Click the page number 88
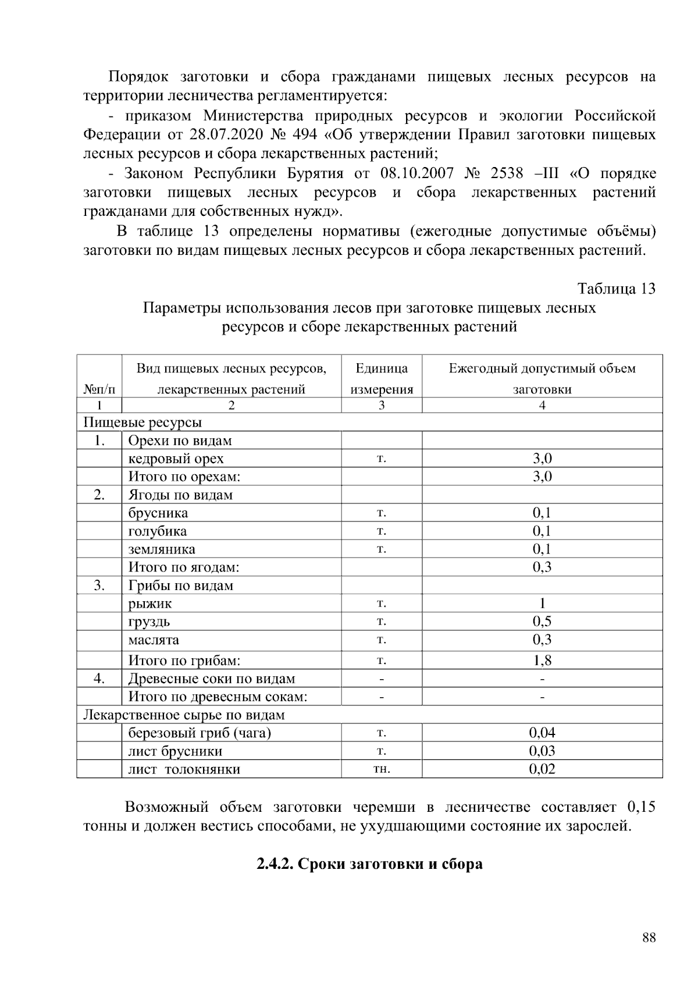[649, 938]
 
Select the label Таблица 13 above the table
[616, 289]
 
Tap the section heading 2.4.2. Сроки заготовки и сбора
[369, 864]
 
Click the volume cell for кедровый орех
[542, 459]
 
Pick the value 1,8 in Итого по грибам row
[542, 661]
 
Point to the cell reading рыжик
[150, 603]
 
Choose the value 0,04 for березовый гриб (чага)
[542, 733]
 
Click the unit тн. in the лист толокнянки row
[382, 769]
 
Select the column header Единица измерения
[382, 379]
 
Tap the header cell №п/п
[99, 389]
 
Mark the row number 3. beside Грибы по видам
[99, 585]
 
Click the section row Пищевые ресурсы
[143, 423]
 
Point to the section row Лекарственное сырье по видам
[184, 715]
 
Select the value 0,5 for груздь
[542, 622]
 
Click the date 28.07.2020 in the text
[225, 135]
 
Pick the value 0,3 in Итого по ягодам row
[542, 567]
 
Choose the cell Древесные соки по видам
[212, 679]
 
